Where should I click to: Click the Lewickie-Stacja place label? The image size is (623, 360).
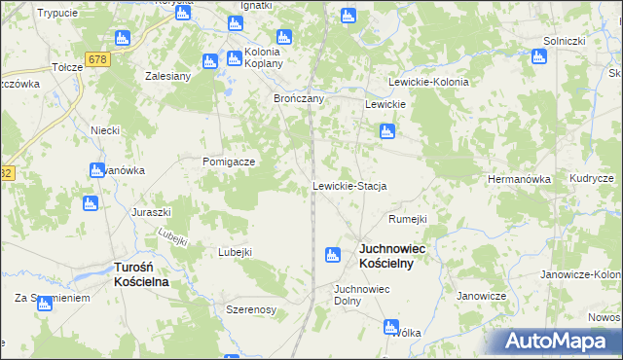(349, 186)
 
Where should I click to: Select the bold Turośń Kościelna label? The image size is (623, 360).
(141, 274)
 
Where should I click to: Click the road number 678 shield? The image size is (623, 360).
(96, 60)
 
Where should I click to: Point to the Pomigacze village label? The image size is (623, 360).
(229, 162)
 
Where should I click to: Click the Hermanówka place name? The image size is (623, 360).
(519, 180)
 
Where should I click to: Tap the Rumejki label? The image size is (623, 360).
(408, 219)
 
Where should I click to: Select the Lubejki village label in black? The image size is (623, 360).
(236, 252)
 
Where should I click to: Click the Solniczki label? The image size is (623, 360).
(564, 41)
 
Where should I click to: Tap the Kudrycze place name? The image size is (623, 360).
(592, 179)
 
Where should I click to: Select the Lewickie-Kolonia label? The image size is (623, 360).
(428, 83)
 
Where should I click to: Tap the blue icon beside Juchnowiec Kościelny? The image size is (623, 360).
(332, 255)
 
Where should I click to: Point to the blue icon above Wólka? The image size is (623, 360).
(390, 328)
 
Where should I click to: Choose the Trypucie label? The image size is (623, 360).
(56, 13)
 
